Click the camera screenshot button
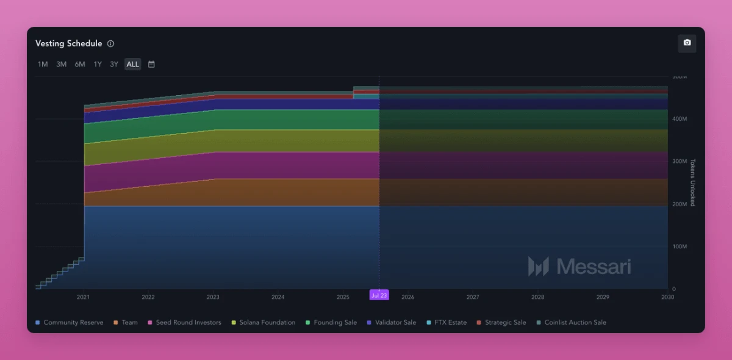click(687, 43)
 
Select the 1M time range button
click(43, 64)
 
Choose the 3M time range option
click(61, 64)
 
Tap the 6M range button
click(80, 64)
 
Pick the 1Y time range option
click(98, 64)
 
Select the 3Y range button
click(114, 64)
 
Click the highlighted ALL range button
click(132, 64)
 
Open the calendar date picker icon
click(151, 64)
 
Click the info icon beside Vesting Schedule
click(110, 44)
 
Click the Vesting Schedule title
click(68, 44)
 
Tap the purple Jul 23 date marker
click(379, 295)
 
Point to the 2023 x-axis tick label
click(213, 297)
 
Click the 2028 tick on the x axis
click(537, 297)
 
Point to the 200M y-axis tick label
click(680, 204)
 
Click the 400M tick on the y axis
click(680, 119)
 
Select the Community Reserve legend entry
click(73, 322)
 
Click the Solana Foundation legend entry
click(267, 322)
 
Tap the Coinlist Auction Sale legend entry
click(575, 322)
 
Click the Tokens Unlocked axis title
click(692, 182)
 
